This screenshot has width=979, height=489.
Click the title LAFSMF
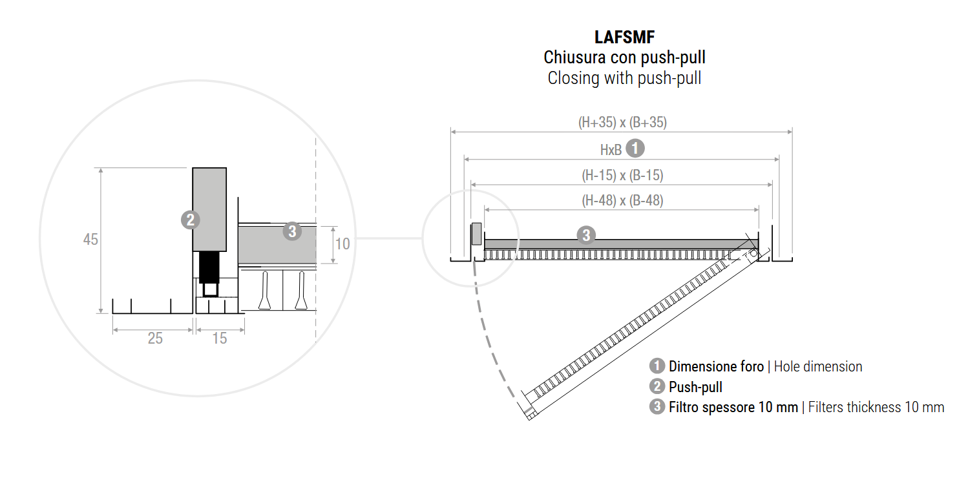624,37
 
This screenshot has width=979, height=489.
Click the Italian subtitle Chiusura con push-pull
624,57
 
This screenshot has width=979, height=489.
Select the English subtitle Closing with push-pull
624,78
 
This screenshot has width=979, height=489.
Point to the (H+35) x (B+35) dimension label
622,122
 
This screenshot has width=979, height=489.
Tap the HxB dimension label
611,150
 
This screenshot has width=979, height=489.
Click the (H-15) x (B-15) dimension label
622,175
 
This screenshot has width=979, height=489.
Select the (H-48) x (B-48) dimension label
622,200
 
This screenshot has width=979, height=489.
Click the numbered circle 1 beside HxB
636,148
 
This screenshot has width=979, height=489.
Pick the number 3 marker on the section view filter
585,234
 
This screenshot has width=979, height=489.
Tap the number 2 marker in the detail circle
190,220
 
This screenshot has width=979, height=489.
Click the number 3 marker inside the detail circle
292,231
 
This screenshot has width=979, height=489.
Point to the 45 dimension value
90,240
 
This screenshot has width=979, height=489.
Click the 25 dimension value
155,338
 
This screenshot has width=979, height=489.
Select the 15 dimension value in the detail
220,338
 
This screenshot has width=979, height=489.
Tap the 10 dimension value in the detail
343,244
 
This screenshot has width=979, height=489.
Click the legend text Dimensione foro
716,367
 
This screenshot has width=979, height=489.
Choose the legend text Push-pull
695,388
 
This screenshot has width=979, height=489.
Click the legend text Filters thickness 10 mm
876,408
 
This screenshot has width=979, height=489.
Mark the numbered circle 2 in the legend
657,387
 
